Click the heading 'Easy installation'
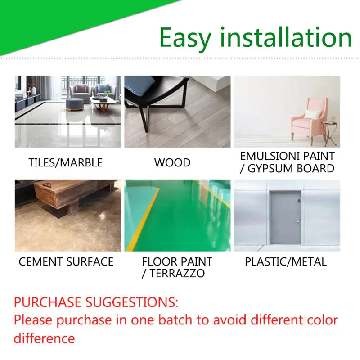(255, 38)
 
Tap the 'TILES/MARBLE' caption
(66, 162)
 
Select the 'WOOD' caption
(172, 162)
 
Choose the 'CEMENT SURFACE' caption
(66, 261)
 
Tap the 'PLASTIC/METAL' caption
(286, 261)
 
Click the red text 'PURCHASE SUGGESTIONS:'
(96, 301)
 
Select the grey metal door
(285, 217)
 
